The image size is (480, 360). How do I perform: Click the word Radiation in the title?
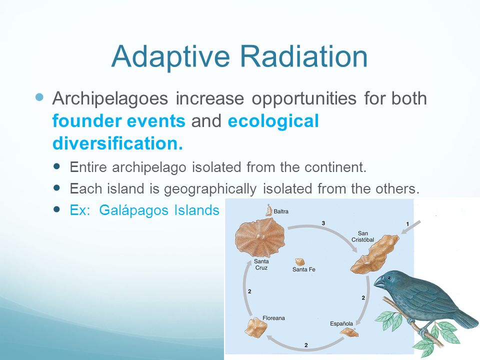pyautogui.click(x=303, y=56)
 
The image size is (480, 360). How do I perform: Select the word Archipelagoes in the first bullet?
pyautogui.click(x=110, y=99)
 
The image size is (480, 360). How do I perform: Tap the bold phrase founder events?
pyautogui.click(x=119, y=120)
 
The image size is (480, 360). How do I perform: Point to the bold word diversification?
pyautogui.click(x=118, y=143)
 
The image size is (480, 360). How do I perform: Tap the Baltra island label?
pyautogui.click(x=280, y=211)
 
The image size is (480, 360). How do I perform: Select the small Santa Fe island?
pyautogui.click(x=299, y=262)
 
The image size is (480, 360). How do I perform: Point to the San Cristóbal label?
pyautogui.click(x=363, y=236)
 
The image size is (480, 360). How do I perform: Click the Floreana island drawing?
pyautogui.click(x=255, y=327)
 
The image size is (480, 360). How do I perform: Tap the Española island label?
pyautogui.click(x=341, y=323)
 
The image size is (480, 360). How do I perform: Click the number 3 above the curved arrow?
pyautogui.click(x=323, y=223)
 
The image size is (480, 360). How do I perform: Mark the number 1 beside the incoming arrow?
pyautogui.click(x=407, y=224)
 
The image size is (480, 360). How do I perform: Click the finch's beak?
pyautogui.click(x=379, y=281)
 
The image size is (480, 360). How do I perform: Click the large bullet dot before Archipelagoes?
pyautogui.click(x=40, y=97)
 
